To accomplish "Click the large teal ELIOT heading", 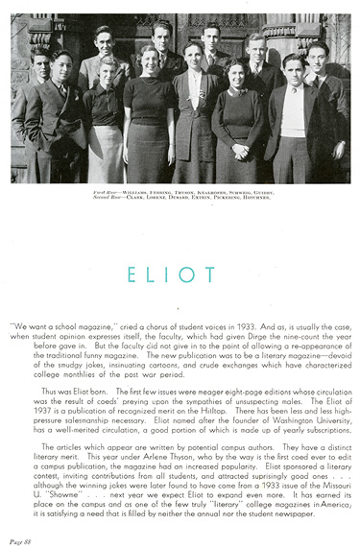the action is (180, 275).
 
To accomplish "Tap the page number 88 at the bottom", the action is (19, 539).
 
